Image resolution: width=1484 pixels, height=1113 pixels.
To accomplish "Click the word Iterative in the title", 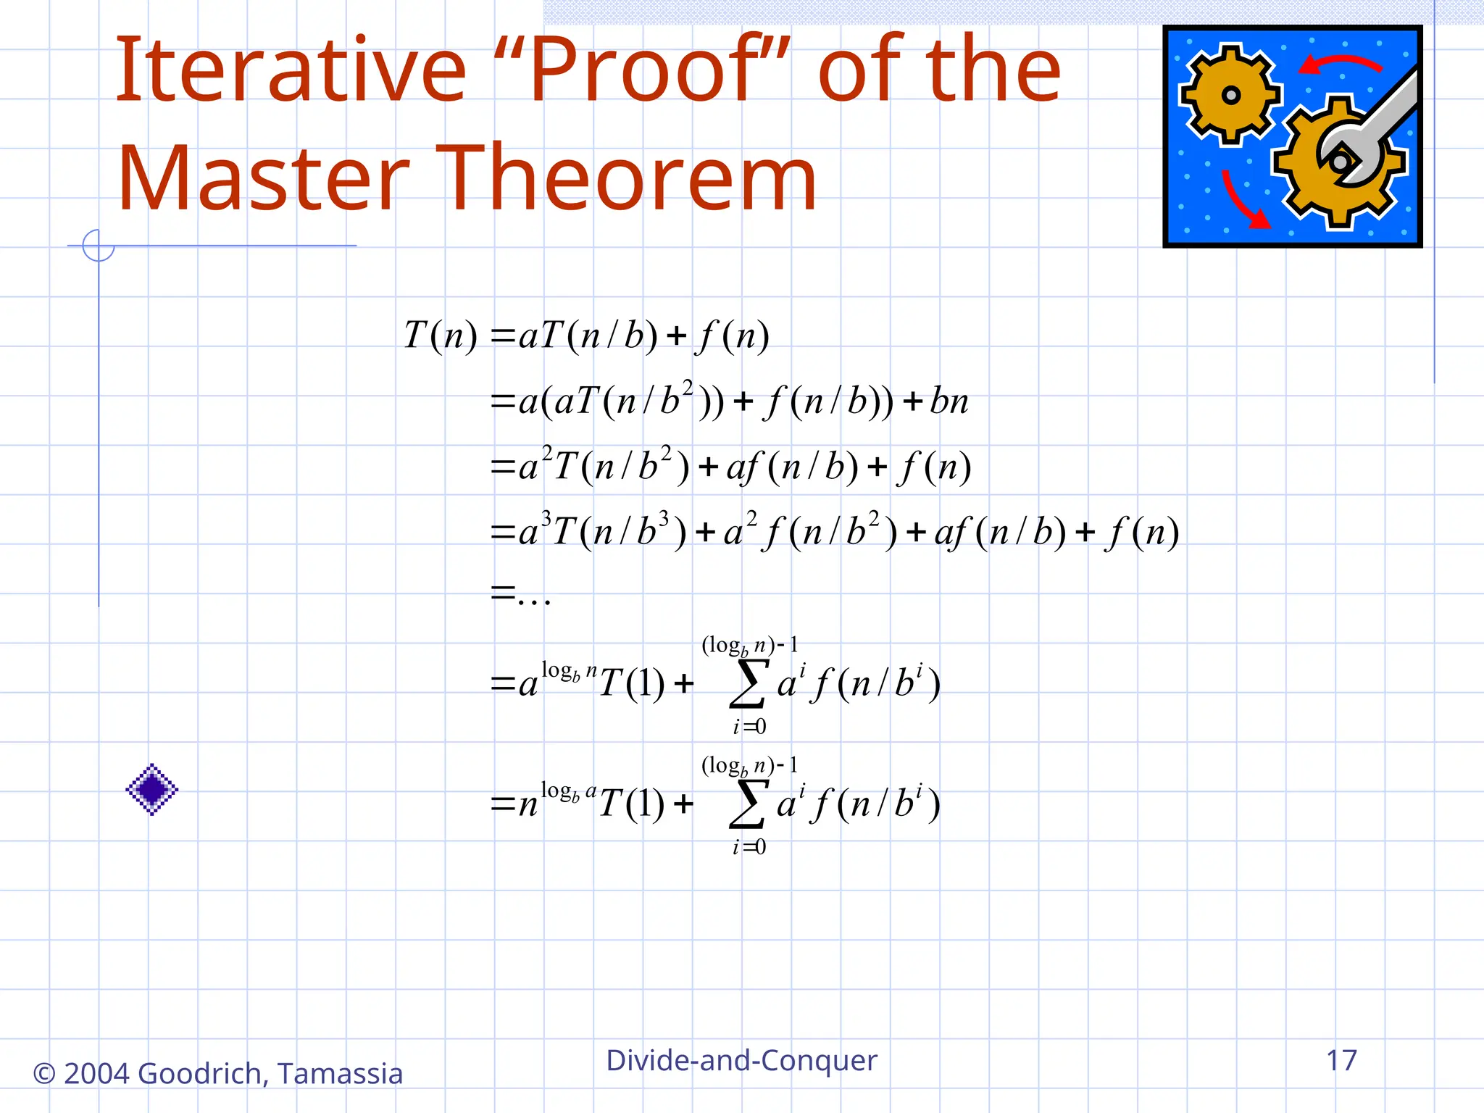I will click(290, 70).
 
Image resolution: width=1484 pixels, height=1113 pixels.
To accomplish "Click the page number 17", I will click(1341, 1060).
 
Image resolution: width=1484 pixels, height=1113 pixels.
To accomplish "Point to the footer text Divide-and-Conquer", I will click(741, 1060).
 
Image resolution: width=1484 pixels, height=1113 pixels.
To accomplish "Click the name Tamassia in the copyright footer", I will click(340, 1073).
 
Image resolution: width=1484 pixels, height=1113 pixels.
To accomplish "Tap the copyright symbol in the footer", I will click(44, 1074).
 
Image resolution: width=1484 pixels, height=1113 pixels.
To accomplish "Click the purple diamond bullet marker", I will click(152, 789).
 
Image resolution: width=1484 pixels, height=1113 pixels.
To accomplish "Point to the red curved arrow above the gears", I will click(1341, 64).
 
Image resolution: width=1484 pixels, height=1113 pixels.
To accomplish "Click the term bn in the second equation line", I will click(949, 401).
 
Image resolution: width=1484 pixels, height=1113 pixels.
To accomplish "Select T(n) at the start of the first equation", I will click(441, 335).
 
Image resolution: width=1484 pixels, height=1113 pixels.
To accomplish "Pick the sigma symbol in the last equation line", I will click(749, 803).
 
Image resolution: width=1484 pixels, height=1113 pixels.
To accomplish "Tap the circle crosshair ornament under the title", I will click(99, 246).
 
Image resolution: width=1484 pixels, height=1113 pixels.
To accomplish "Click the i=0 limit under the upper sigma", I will click(749, 727).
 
